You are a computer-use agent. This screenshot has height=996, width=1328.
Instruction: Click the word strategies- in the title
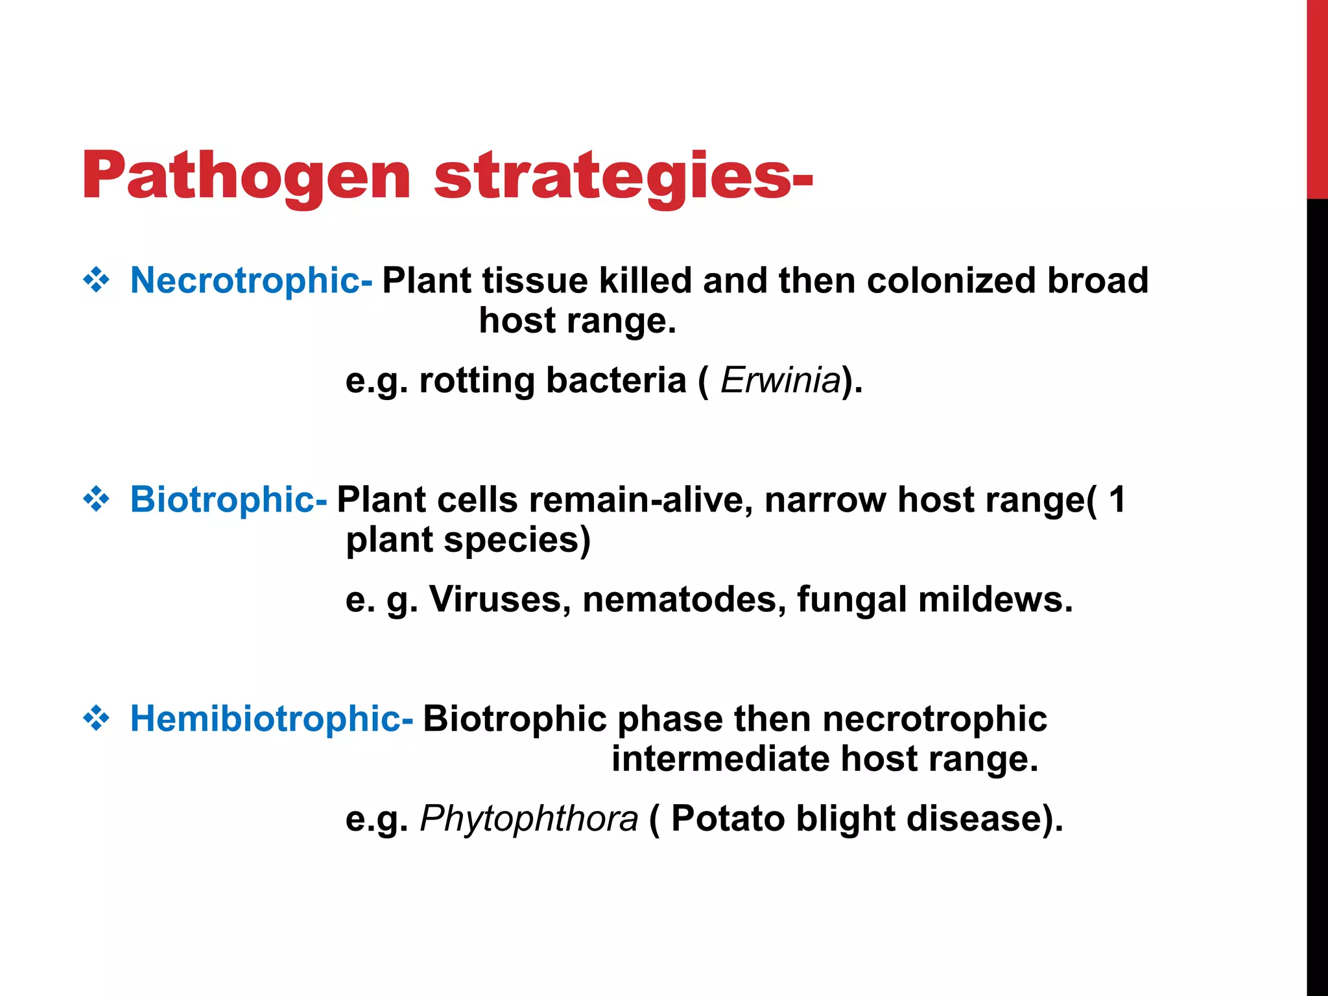[x=622, y=176]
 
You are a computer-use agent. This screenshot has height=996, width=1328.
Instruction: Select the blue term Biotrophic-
[x=228, y=500]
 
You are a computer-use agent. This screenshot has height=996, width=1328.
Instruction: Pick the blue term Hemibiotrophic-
[x=271, y=719]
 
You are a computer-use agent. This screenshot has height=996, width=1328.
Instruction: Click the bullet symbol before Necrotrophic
[x=97, y=281]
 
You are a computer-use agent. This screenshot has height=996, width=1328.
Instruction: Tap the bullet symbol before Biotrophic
[x=97, y=500]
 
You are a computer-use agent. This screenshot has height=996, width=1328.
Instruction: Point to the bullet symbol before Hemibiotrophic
[x=97, y=719]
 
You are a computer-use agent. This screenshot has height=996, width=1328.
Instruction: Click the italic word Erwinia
[x=781, y=381]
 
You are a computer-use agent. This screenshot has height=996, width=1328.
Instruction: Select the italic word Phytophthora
[x=529, y=819]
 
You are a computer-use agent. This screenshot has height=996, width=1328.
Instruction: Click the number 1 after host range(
[x=1117, y=500]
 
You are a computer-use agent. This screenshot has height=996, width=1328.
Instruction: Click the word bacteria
[x=616, y=381]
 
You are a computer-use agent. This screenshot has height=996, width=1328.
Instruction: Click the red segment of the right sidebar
[x=1317, y=97]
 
